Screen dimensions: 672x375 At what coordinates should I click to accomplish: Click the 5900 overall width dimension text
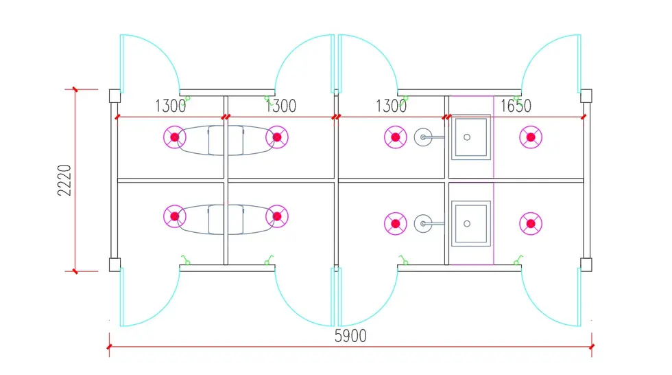pyautogui.click(x=350, y=336)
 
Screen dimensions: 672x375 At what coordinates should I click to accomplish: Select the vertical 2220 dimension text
pyautogui.click(x=64, y=180)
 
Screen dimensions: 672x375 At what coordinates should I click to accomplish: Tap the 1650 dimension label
pyautogui.click(x=516, y=106)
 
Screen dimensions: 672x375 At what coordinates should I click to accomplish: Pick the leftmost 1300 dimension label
pyautogui.click(x=171, y=106)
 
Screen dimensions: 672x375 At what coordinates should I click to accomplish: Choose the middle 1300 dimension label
pyautogui.click(x=280, y=106)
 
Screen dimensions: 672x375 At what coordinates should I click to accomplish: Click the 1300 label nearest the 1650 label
pyautogui.click(x=391, y=106)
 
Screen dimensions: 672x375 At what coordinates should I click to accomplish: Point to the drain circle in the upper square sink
pyautogui.click(x=467, y=137)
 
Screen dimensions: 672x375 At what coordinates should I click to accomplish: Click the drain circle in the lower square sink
pyautogui.click(x=467, y=223)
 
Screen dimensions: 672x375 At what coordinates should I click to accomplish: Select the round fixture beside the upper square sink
pyautogui.click(x=423, y=137)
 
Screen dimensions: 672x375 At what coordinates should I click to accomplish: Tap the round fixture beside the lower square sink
pyautogui.click(x=423, y=223)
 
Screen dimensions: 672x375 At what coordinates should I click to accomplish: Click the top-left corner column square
pyautogui.click(x=115, y=95)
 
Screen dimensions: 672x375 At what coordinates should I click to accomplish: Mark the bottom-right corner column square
pyautogui.click(x=586, y=264)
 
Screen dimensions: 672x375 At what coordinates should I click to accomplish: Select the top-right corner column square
pyautogui.click(x=586, y=95)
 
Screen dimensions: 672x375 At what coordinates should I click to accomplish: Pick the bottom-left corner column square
pyautogui.click(x=115, y=264)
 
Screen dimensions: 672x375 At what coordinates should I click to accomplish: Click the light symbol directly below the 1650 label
pyautogui.click(x=531, y=137)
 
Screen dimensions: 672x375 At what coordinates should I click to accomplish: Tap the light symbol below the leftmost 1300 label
pyautogui.click(x=175, y=137)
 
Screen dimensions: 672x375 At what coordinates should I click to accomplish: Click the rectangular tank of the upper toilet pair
pyautogui.click(x=226, y=140)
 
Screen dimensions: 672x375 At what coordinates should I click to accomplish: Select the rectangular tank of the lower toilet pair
pyautogui.click(x=226, y=219)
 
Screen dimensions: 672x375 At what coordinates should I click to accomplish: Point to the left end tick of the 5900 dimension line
pyautogui.click(x=109, y=347)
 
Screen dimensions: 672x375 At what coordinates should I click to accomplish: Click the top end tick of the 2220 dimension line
pyautogui.click(x=75, y=89)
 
